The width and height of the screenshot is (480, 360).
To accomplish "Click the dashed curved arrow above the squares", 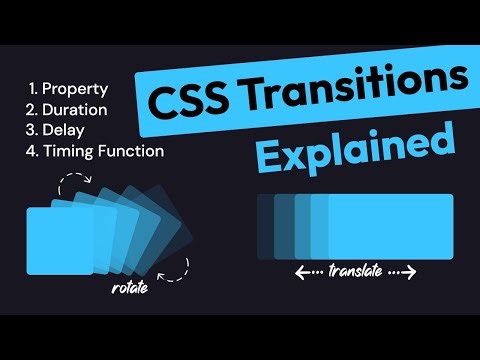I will (72, 184).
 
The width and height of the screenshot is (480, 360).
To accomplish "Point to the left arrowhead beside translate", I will (300, 271).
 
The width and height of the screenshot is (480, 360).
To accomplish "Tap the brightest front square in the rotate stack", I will (58, 239).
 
